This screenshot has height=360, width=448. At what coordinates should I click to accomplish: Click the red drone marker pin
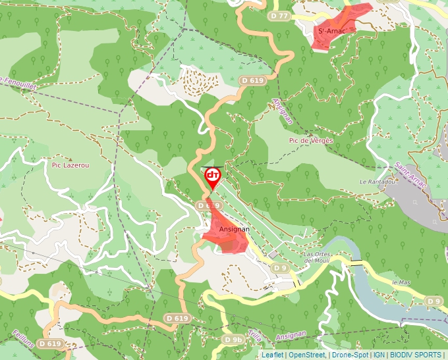click(x=213, y=176)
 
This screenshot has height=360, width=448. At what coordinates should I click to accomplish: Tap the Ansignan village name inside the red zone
click(x=234, y=229)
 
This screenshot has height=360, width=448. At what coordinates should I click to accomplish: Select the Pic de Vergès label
click(x=311, y=141)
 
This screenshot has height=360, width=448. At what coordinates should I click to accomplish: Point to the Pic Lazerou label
click(x=70, y=165)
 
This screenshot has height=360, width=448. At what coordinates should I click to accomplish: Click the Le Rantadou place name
click(x=376, y=182)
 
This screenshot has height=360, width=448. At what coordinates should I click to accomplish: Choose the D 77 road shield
click(x=279, y=16)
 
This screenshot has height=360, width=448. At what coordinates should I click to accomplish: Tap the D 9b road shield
click(x=233, y=340)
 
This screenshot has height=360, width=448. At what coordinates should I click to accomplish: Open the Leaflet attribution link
click(x=272, y=355)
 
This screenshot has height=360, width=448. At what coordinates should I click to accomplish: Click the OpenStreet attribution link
click(x=306, y=355)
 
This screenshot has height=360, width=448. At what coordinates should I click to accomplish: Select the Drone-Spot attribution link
click(x=350, y=355)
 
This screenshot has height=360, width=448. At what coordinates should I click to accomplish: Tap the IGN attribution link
click(x=379, y=355)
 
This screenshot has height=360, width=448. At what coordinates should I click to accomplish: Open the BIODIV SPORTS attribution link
click(x=416, y=355)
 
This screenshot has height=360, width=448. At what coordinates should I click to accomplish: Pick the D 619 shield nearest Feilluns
click(x=49, y=344)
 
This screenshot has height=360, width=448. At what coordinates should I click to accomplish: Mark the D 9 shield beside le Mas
click(x=433, y=301)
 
